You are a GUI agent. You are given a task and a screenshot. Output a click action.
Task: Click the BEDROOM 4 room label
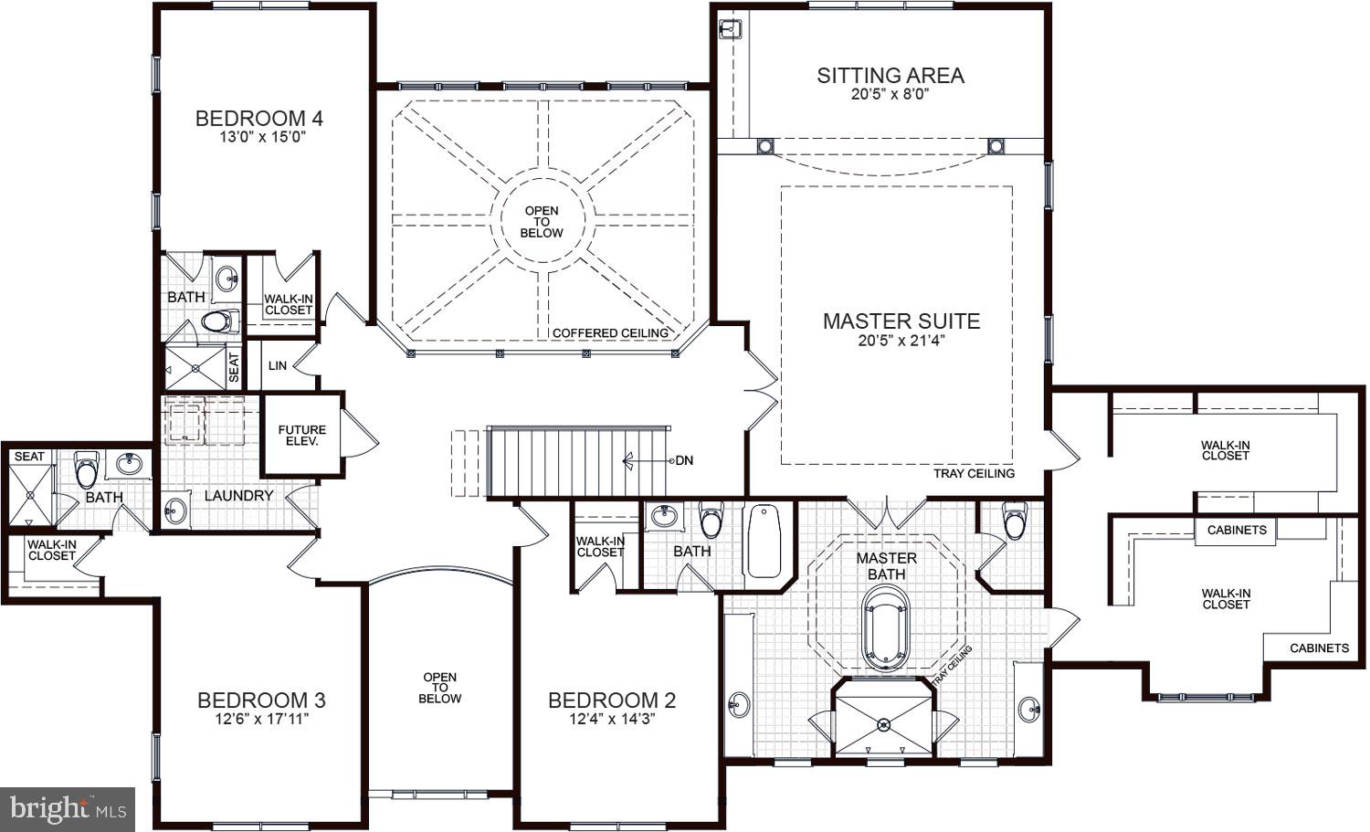pyautogui.click(x=259, y=118)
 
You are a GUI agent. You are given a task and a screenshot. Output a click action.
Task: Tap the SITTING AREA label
pyautogui.click(x=890, y=76)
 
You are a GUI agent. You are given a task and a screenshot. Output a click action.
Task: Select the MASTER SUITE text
pyautogui.click(x=901, y=321)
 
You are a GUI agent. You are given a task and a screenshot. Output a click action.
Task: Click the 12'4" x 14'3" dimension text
pyautogui.click(x=611, y=720)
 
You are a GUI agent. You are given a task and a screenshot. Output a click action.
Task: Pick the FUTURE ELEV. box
pyautogui.click(x=302, y=435)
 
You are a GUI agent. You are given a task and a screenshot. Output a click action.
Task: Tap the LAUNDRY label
pyautogui.click(x=238, y=496)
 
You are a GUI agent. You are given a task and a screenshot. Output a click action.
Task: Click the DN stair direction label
pyautogui.click(x=683, y=460)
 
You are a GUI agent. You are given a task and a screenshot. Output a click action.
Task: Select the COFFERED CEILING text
pyautogui.click(x=610, y=333)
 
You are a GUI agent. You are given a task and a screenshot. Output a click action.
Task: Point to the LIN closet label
pyautogui.click(x=278, y=365)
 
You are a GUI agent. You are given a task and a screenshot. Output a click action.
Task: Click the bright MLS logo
pyautogui.click(x=68, y=808)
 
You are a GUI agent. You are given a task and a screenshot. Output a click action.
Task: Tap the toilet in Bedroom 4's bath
pyautogui.click(x=218, y=321)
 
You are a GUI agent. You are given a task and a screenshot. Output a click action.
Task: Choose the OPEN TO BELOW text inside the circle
pyautogui.click(x=542, y=222)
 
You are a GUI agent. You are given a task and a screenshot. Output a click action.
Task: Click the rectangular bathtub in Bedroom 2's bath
pyautogui.click(x=764, y=542)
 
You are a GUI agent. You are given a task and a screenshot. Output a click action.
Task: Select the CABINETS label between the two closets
pyautogui.click(x=1237, y=531)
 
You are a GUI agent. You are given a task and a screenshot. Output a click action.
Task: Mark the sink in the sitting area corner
pyautogui.click(x=729, y=29)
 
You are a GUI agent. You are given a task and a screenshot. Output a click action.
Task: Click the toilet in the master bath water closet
pyautogui.click(x=1014, y=521)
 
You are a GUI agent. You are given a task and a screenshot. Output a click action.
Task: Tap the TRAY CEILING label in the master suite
pyautogui.click(x=974, y=474)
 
